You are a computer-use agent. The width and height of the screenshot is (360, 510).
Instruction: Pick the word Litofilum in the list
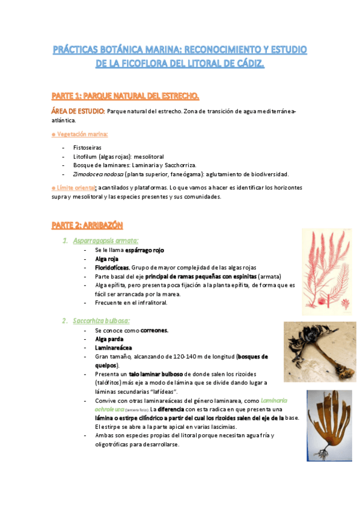[x=84, y=156]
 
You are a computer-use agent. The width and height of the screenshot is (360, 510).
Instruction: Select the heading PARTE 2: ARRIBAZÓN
[x=87, y=225]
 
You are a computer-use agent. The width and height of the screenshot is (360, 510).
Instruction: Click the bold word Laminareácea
[x=114, y=348]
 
